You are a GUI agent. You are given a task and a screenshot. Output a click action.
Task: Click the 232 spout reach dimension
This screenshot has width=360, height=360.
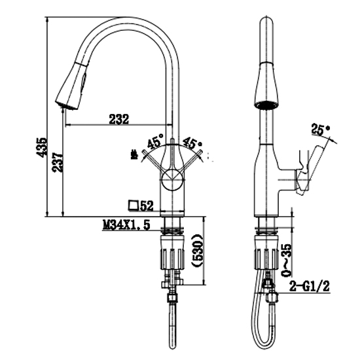118,119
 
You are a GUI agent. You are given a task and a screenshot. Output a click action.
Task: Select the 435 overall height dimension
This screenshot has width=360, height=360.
42,147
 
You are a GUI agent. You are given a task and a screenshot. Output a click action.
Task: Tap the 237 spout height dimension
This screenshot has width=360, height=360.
58,162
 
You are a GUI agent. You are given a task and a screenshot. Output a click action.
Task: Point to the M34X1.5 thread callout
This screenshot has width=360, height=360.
126,225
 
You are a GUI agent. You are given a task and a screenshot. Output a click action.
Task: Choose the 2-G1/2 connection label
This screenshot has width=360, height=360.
309,286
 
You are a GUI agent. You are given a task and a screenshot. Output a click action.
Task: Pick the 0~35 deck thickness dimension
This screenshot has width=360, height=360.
287,260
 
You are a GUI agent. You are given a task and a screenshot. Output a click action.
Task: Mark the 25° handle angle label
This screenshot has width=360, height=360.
321,130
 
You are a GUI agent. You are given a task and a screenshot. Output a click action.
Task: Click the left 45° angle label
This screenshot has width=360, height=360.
155,141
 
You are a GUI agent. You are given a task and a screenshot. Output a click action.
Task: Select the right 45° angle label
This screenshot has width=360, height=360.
192,144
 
